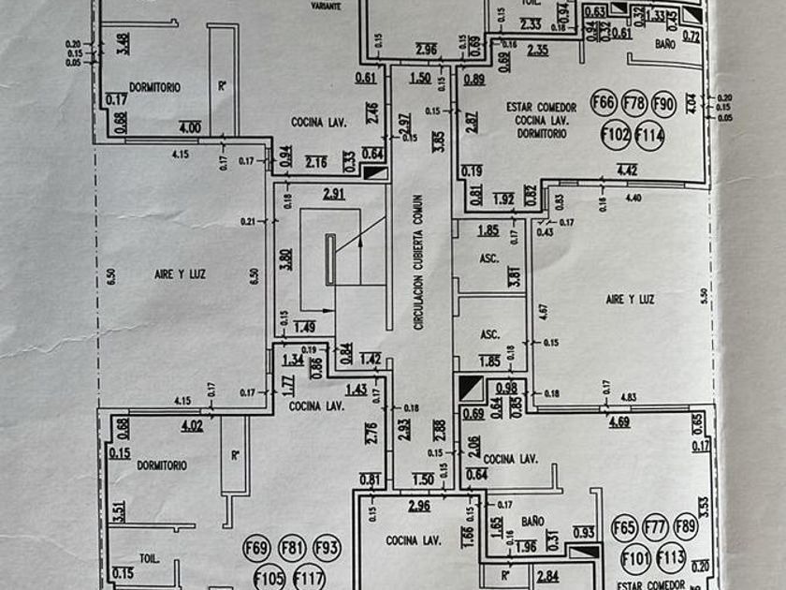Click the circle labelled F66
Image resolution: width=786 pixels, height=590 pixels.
[604, 103]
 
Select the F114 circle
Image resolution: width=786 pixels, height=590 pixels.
[649, 137]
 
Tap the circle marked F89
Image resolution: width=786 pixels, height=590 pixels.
[685, 527]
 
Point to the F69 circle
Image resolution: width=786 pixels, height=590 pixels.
[256, 548]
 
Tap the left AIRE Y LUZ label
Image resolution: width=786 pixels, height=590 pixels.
[179, 274]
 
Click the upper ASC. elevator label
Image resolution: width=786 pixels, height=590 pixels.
[488, 258]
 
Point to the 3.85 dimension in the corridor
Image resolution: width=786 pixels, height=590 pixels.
[439, 142]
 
